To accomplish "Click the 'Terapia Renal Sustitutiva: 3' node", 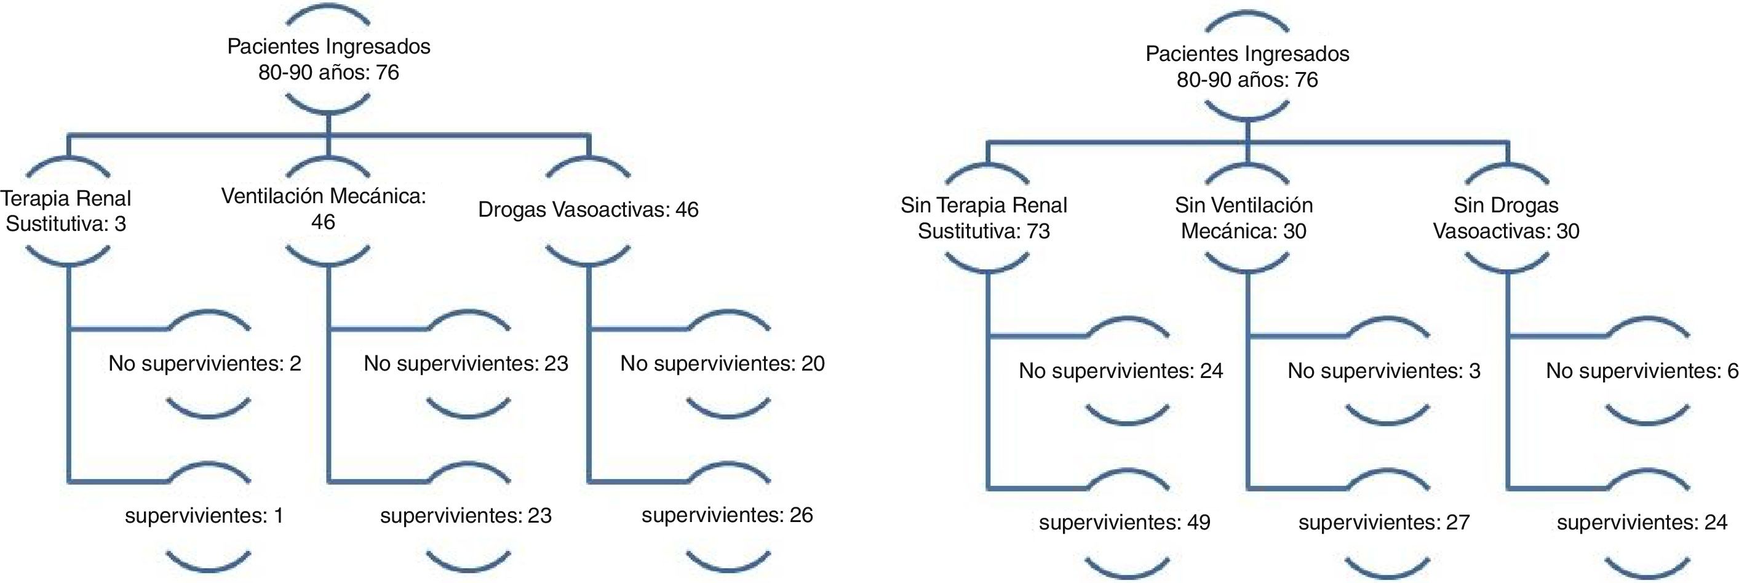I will click(x=66, y=211).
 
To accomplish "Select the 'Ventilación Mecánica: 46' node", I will click(x=324, y=209).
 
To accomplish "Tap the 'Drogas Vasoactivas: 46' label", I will click(x=588, y=209).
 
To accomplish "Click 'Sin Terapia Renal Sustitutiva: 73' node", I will click(x=984, y=217).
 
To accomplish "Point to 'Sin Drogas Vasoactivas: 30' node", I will click(x=1506, y=217).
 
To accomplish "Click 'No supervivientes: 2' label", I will click(x=205, y=364).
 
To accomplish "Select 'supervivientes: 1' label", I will click(x=205, y=516).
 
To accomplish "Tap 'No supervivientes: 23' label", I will click(x=466, y=364).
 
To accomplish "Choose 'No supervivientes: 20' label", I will click(x=722, y=364).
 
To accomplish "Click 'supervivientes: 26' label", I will click(x=727, y=515).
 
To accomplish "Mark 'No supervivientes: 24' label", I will click(x=1121, y=371).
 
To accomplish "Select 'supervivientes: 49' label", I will click(x=1124, y=522).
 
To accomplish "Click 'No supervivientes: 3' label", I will click(x=1384, y=371).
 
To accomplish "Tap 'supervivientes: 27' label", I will click(x=1384, y=522).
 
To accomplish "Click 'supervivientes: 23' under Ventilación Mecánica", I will click(x=466, y=516).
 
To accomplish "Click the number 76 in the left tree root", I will click(x=388, y=72).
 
